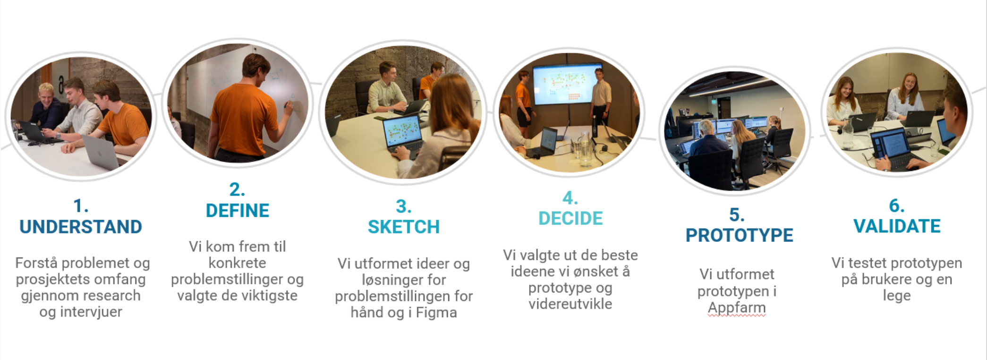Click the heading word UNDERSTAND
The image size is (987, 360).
81,227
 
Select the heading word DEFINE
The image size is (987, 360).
238,210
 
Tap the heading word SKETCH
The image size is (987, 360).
404,227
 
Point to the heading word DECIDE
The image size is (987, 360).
570,218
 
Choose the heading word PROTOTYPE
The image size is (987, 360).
740,235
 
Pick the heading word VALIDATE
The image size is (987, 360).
897,226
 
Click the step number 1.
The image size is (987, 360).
81,206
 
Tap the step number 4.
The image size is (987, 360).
570,197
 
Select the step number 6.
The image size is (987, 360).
897,206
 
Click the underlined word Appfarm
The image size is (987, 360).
737,308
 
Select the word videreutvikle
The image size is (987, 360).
570,304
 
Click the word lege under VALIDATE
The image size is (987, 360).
897,296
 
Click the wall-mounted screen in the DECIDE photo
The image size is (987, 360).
567,84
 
